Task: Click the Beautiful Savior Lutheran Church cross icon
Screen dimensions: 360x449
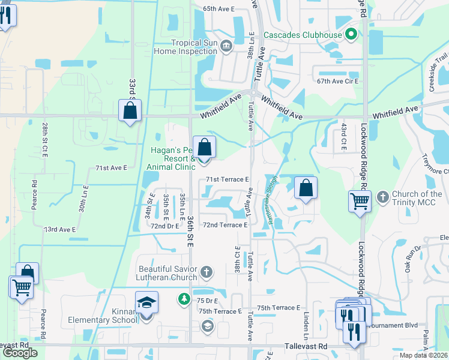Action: click(206, 272)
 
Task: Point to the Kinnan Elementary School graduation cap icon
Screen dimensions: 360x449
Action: click(146, 304)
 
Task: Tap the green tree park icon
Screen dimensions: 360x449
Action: click(183, 298)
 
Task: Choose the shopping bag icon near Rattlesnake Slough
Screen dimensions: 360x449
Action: click(306, 188)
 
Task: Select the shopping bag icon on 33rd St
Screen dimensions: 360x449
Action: click(130, 110)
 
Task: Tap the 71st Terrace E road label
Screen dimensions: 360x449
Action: click(227, 179)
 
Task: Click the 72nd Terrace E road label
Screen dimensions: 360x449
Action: click(225, 225)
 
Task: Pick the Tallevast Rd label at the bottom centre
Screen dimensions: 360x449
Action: click(306, 347)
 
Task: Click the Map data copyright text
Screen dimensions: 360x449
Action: click(424, 355)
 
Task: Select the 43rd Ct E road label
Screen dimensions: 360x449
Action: click(344, 137)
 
